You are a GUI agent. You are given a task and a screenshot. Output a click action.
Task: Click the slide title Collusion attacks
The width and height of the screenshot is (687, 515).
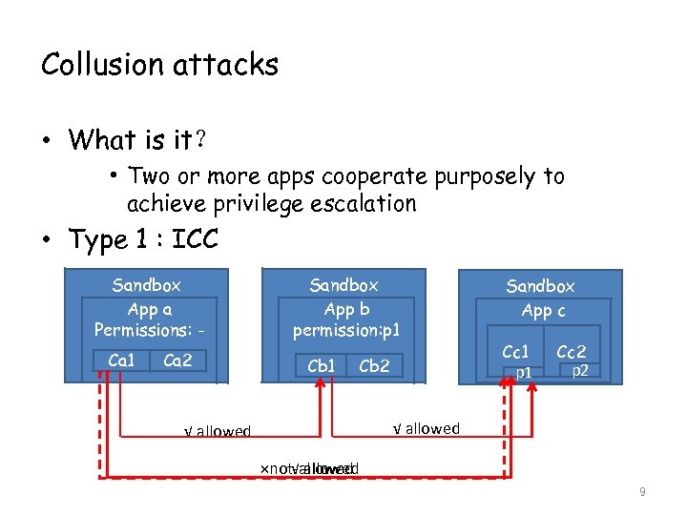(x=159, y=65)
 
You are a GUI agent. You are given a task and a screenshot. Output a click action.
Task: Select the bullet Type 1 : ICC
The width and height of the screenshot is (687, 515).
(x=143, y=239)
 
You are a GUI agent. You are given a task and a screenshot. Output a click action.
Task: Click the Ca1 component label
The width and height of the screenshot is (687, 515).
(x=122, y=360)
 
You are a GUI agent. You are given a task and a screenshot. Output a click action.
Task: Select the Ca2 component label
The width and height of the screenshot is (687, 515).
(x=177, y=360)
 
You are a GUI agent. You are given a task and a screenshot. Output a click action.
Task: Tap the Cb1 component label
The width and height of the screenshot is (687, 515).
(x=321, y=365)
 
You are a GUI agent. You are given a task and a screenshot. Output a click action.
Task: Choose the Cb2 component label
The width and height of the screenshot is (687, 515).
(x=373, y=365)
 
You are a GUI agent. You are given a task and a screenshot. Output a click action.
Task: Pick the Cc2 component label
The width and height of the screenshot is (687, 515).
(x=571, y=353)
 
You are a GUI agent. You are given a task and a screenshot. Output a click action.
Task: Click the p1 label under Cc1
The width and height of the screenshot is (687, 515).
(x=524, y=372)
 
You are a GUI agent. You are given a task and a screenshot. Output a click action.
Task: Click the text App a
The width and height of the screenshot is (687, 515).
(x=150, y=309)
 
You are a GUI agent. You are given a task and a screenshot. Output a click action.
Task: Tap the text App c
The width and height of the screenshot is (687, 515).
(x=542, y=310)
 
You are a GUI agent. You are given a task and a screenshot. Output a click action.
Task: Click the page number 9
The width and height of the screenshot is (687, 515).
(x=642, y=492)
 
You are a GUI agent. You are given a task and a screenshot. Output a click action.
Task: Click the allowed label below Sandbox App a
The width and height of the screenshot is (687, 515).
(x=218, y=432)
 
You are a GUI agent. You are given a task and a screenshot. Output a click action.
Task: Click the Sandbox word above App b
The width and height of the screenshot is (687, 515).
(x=343, y=285)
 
